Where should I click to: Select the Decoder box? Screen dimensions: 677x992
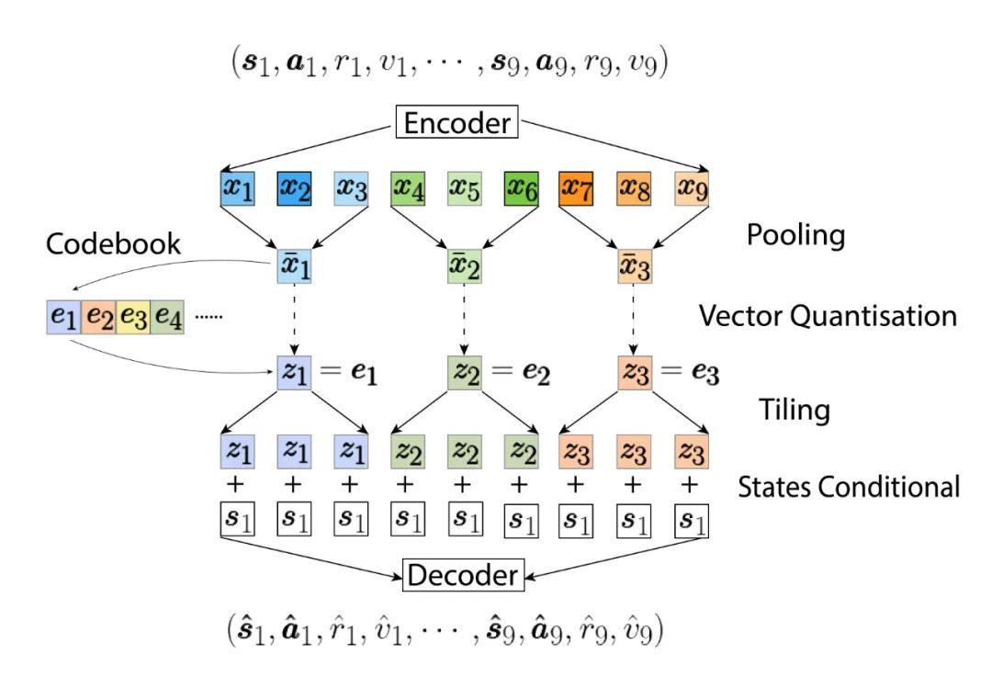[463, 576]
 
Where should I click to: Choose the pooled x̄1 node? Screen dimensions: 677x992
[293, 268]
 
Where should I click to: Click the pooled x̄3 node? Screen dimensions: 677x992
[634, 268]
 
